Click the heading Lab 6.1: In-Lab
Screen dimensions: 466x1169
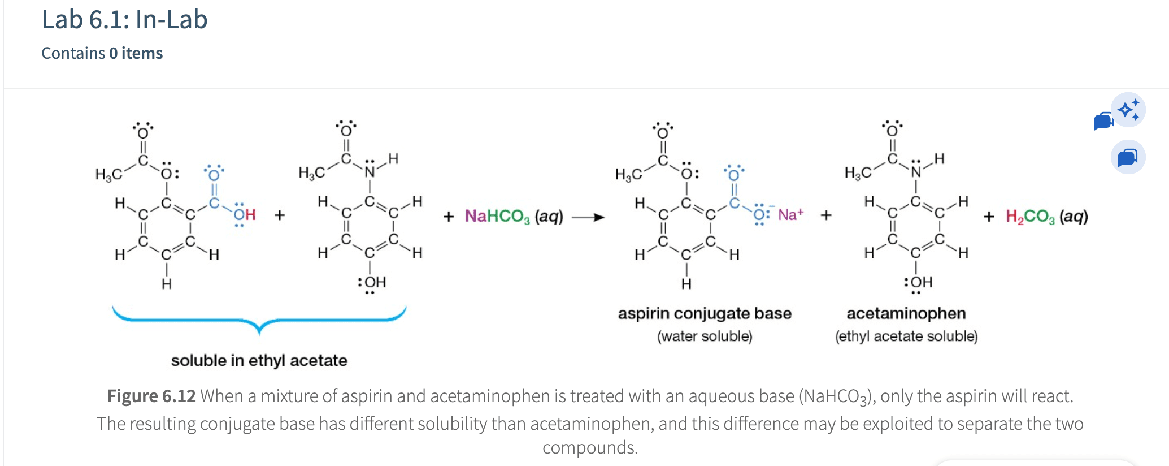tap(124, 20)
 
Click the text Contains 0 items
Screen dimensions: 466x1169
tap(102, 53)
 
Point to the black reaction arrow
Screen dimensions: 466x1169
tap(588, 217)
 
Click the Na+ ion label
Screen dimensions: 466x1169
tap(790, 215)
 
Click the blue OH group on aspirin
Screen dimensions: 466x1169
tap(245, 215)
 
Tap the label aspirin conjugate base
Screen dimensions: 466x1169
tap(705, 313)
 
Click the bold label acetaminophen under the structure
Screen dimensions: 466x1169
tap(906, 313)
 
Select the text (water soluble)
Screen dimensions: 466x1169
tap(705, 336)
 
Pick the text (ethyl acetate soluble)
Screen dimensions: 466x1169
tap(906, 336)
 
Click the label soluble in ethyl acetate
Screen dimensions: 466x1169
tap(259, 360)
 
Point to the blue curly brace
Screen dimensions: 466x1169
tap(259, 321)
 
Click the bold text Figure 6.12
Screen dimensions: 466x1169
tap(151, 396)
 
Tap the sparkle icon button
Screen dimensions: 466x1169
tap(1129, 109)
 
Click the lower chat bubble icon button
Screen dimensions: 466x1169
tap(1128, 157)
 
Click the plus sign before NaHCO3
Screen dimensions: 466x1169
tap(449, 217)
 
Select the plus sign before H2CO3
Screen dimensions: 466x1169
tap(989, 217)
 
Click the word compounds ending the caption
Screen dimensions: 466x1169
tap(590, 447)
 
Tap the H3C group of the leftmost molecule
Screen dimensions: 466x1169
tap(108, 174)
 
